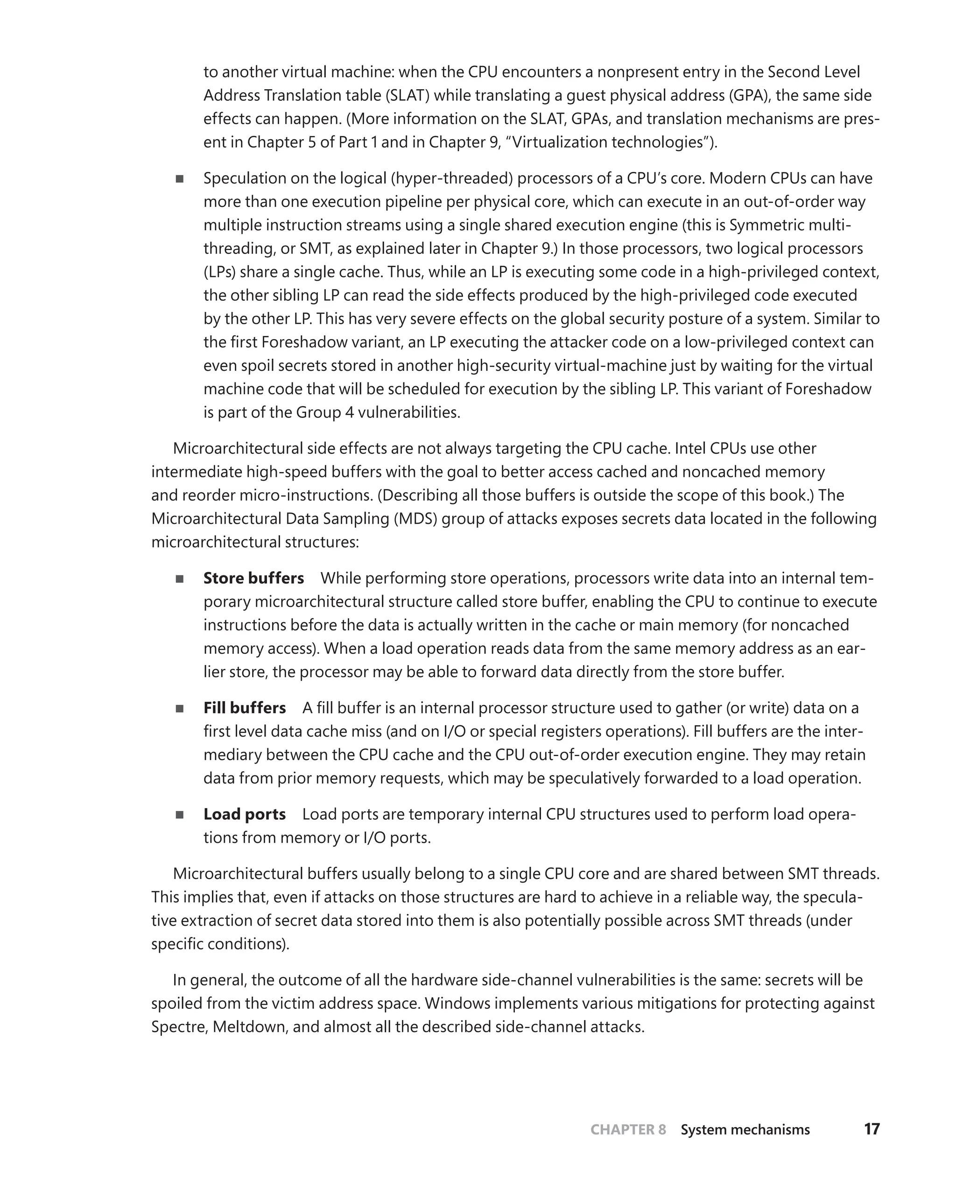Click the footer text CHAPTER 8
pyautogui.click(x=628, y=1129)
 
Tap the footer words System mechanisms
pyautogui.click(x=745, y=1129)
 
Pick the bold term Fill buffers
pyautogui.click(x=245, y=708)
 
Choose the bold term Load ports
pyautogui.click(x=245, y=814)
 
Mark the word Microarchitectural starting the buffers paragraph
pyautogui.click(x=238, y=873)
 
